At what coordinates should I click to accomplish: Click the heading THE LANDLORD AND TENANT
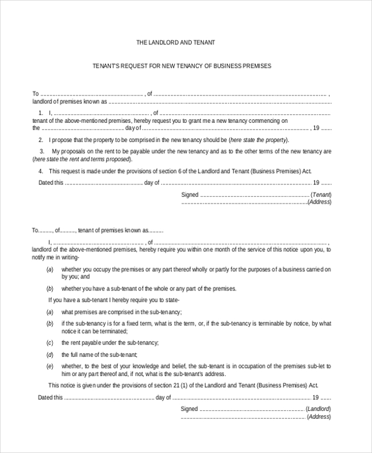click(175, 43)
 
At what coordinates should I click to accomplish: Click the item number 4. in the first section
click(40, 171)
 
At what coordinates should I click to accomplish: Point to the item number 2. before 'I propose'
click(40, 140)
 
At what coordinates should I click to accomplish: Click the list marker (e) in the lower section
click(50, 366)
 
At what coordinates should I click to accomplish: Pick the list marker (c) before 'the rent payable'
click(50, 343)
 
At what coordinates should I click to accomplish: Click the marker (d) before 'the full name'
click(50, 354)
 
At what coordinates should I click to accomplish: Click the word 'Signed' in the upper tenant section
click(190, 195)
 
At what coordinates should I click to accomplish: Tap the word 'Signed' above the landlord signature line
click(189, 409)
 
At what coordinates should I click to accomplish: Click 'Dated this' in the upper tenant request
click(51, 183)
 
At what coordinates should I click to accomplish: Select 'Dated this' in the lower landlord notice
click(51, 397)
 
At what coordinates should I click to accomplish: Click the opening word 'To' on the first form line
click(35, 94)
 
